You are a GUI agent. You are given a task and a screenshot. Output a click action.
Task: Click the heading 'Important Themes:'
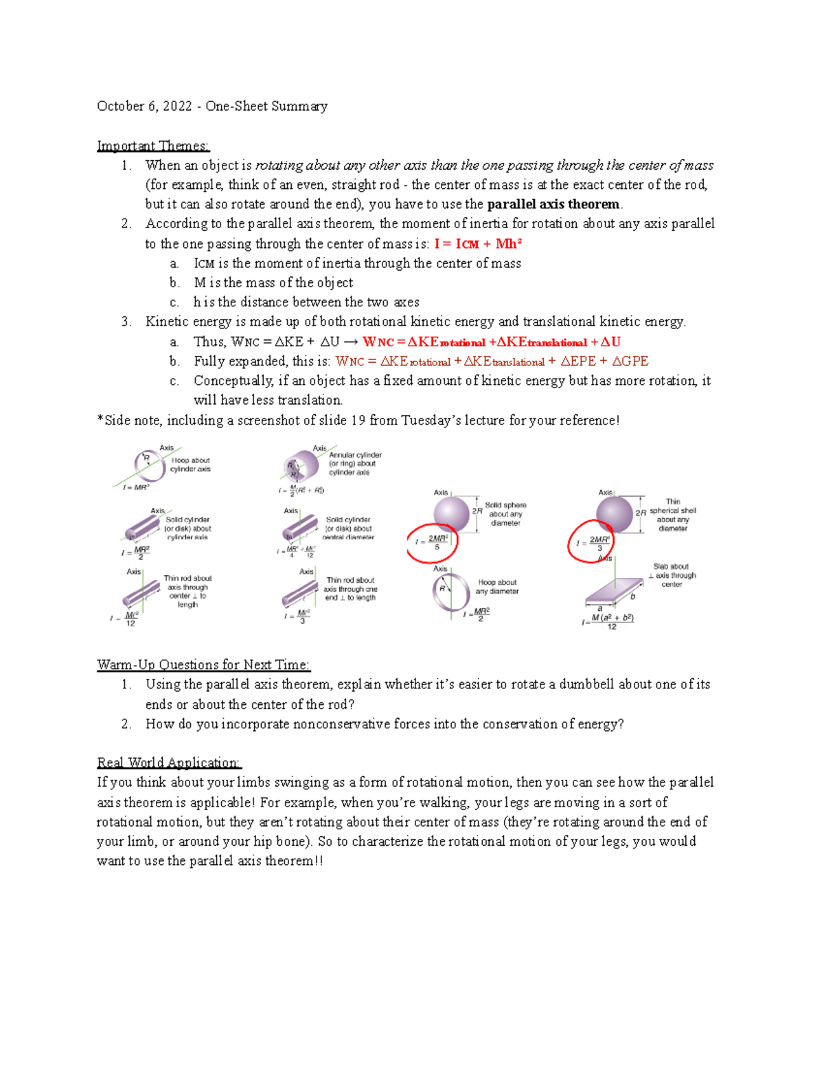tap(153, 146)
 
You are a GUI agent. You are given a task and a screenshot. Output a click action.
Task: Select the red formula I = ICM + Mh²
tap(478, 244)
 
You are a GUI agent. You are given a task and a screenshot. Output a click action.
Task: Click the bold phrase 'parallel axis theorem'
tap(553, 204)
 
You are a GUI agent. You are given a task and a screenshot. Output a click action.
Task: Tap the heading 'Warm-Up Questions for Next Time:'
tap(203, 664)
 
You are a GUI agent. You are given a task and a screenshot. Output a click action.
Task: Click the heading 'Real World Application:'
tap(169, 763)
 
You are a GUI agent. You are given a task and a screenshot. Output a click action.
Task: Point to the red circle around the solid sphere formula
tap(432, 543)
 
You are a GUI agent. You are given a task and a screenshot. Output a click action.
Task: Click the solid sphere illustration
tap(451, 514)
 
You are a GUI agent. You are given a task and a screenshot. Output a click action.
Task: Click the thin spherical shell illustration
tap(614, 514)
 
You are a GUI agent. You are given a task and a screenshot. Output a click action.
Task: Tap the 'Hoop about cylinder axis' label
tap(190, 465)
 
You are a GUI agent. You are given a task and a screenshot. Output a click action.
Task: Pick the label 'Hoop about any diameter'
tap(497, 587)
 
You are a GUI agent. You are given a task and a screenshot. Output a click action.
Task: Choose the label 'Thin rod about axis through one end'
tap(350, 589)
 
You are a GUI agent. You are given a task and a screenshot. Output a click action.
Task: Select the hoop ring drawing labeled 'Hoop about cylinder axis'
tap(148, 467)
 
